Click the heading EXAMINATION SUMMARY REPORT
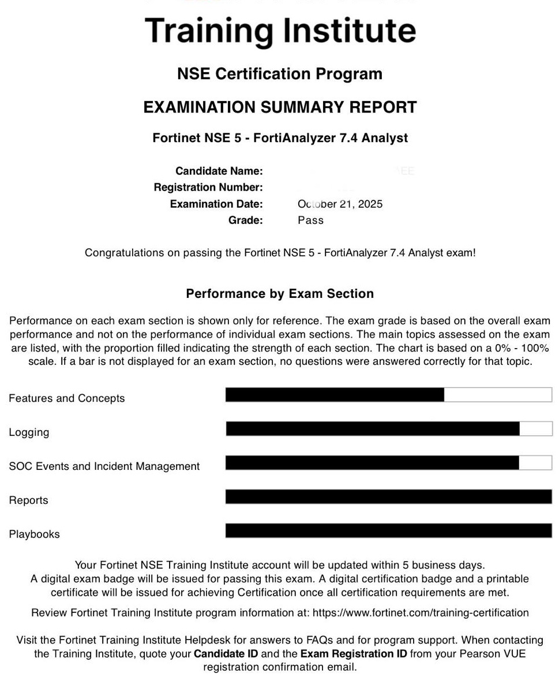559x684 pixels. point(280,107)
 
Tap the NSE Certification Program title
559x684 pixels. point(280,74)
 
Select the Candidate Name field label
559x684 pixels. point(219,171)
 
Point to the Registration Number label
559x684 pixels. point(208,187)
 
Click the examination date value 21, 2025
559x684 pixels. point(358,204)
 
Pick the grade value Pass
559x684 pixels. point(310,220)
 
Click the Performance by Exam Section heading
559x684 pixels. point(280,294)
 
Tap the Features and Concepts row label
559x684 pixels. point(66,398)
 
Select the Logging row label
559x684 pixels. point(29,432)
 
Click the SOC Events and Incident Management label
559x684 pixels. point(104,466)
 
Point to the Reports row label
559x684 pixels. point(28,500)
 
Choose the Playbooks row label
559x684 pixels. point(34,535)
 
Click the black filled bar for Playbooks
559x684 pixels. point(388,530)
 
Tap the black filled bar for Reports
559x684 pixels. point(388,496)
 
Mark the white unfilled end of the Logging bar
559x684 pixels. point(536,429)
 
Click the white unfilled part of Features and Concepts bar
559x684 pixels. point(498,395)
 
